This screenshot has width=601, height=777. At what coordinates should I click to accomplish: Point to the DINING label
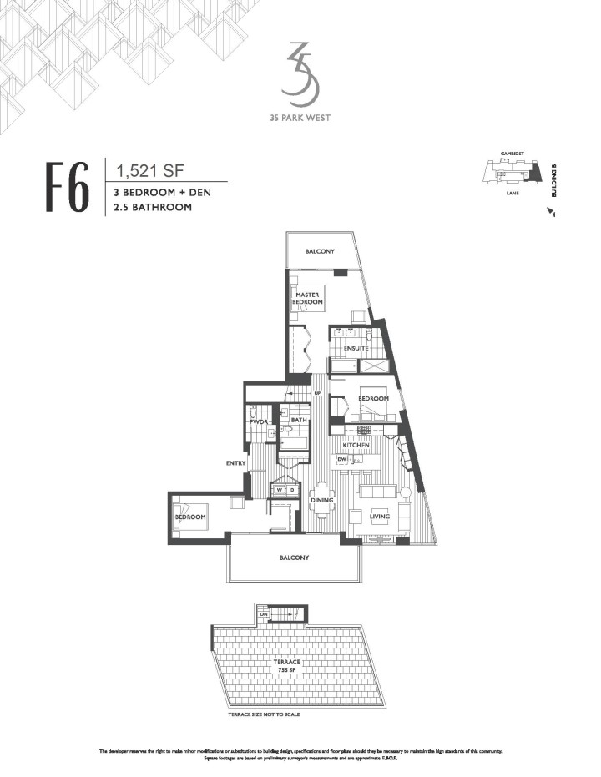322,501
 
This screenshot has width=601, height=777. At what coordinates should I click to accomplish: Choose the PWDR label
257,422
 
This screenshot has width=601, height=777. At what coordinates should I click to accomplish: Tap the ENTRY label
234,462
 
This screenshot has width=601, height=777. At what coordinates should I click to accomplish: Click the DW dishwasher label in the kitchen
341,459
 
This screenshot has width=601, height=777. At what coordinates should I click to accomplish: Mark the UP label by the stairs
317,393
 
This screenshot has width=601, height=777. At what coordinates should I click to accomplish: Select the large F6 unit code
68,190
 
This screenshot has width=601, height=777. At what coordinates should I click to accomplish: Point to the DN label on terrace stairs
264,613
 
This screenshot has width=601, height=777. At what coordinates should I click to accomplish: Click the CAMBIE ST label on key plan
511,154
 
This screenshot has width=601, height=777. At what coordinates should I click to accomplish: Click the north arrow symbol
550,214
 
